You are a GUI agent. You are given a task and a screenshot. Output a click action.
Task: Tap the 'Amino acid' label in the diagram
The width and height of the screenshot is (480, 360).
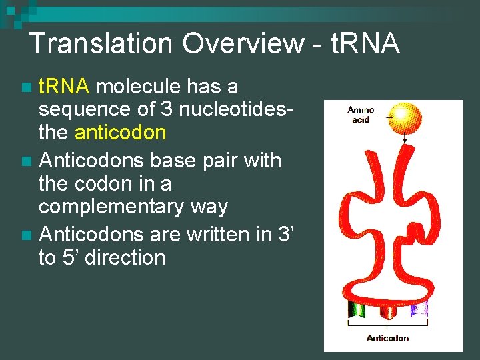(x=361, y=115)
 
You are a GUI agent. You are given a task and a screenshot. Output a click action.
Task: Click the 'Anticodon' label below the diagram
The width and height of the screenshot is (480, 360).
(x=387, y=338)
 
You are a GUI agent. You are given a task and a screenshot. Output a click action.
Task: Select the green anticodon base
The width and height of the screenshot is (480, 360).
(x=357, y=309)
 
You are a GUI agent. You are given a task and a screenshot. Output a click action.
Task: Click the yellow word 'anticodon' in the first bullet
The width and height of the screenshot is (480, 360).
(x=121, y=133)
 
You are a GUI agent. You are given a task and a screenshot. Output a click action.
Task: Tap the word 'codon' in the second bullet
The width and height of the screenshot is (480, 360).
(x=111, y=183)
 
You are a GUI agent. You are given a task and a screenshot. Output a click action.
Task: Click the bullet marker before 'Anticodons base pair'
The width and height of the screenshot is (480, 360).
(x=26, y=161)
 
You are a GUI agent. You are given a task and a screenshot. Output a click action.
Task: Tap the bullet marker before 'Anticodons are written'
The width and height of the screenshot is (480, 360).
(x=26, y=235)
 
